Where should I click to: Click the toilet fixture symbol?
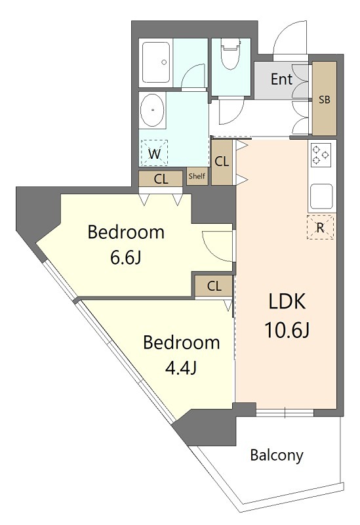231,54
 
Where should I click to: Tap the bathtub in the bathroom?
156,62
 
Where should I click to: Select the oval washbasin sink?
153,110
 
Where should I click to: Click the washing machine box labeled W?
154,153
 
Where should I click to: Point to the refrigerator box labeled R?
320,227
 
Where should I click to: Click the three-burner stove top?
320,155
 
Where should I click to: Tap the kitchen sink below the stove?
321,196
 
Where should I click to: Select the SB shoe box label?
324,100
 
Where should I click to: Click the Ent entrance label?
281,79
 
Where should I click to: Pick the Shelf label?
197,176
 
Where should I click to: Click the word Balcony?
277,455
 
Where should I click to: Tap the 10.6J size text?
287,330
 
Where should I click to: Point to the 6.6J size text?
126,257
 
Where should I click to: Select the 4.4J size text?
181,368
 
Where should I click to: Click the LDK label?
287,301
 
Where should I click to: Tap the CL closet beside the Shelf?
161,178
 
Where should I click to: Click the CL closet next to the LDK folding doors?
222,162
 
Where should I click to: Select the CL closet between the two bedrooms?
214,286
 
